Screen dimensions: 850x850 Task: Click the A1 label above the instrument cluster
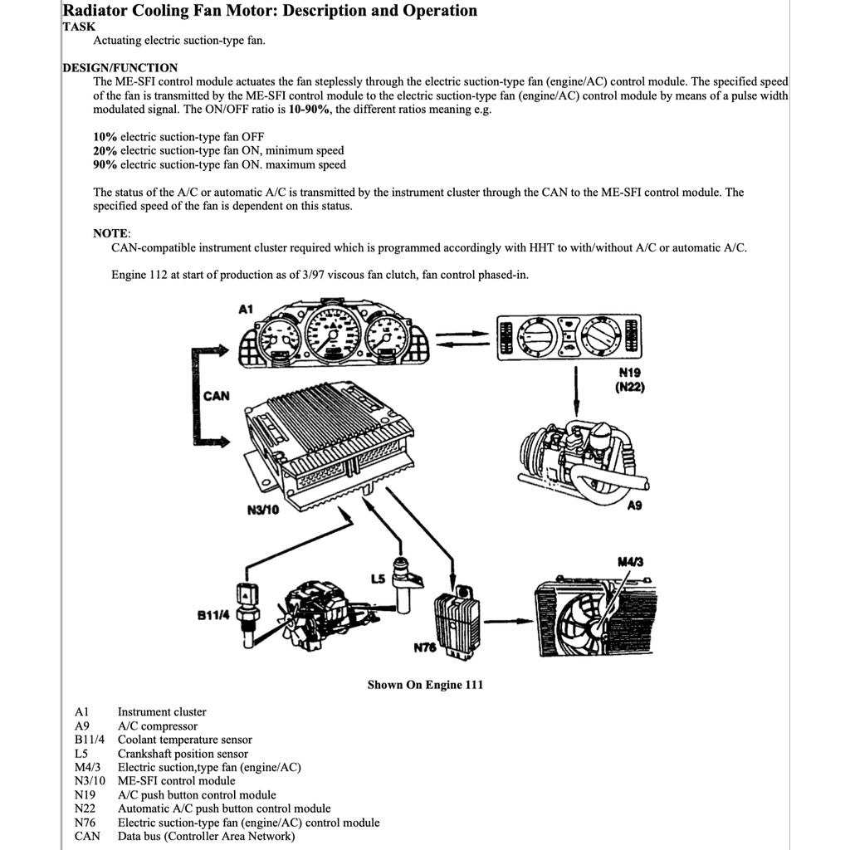pyautogui.click(x=245, y=310)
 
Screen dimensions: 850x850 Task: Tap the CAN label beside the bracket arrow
pyautogui.click(x=216, y=396)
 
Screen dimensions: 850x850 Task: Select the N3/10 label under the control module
pyautogui.click(x=263, y=510)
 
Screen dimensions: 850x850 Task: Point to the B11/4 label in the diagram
pyautogui.click(x=212, y=615)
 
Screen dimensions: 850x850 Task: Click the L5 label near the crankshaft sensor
pyautogui.click(x=377, y=577)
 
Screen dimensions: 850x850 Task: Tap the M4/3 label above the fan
pyautogui.click(x=631, y=562)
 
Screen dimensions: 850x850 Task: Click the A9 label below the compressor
pyautogui.click(x=634, y=505)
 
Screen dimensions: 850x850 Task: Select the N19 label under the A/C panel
pyautogui.click(x=631, y=373)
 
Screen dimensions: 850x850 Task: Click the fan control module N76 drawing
pyautogui.click(x=456, y=622)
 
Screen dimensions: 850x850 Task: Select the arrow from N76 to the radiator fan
pyautogui.click(x=506, y=620)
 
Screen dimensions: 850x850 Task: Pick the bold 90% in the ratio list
pyautogui.click(x=105, y=164)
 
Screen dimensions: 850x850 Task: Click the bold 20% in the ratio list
pyautogui.click(x=105, y=150)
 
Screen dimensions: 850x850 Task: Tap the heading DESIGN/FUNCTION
pyautogui.click(x=120, y=67)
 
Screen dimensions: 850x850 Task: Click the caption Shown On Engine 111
pyautogui.click(x=425, y=685)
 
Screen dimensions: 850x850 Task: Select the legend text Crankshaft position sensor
pyautogui.click(x=183, y=754)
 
